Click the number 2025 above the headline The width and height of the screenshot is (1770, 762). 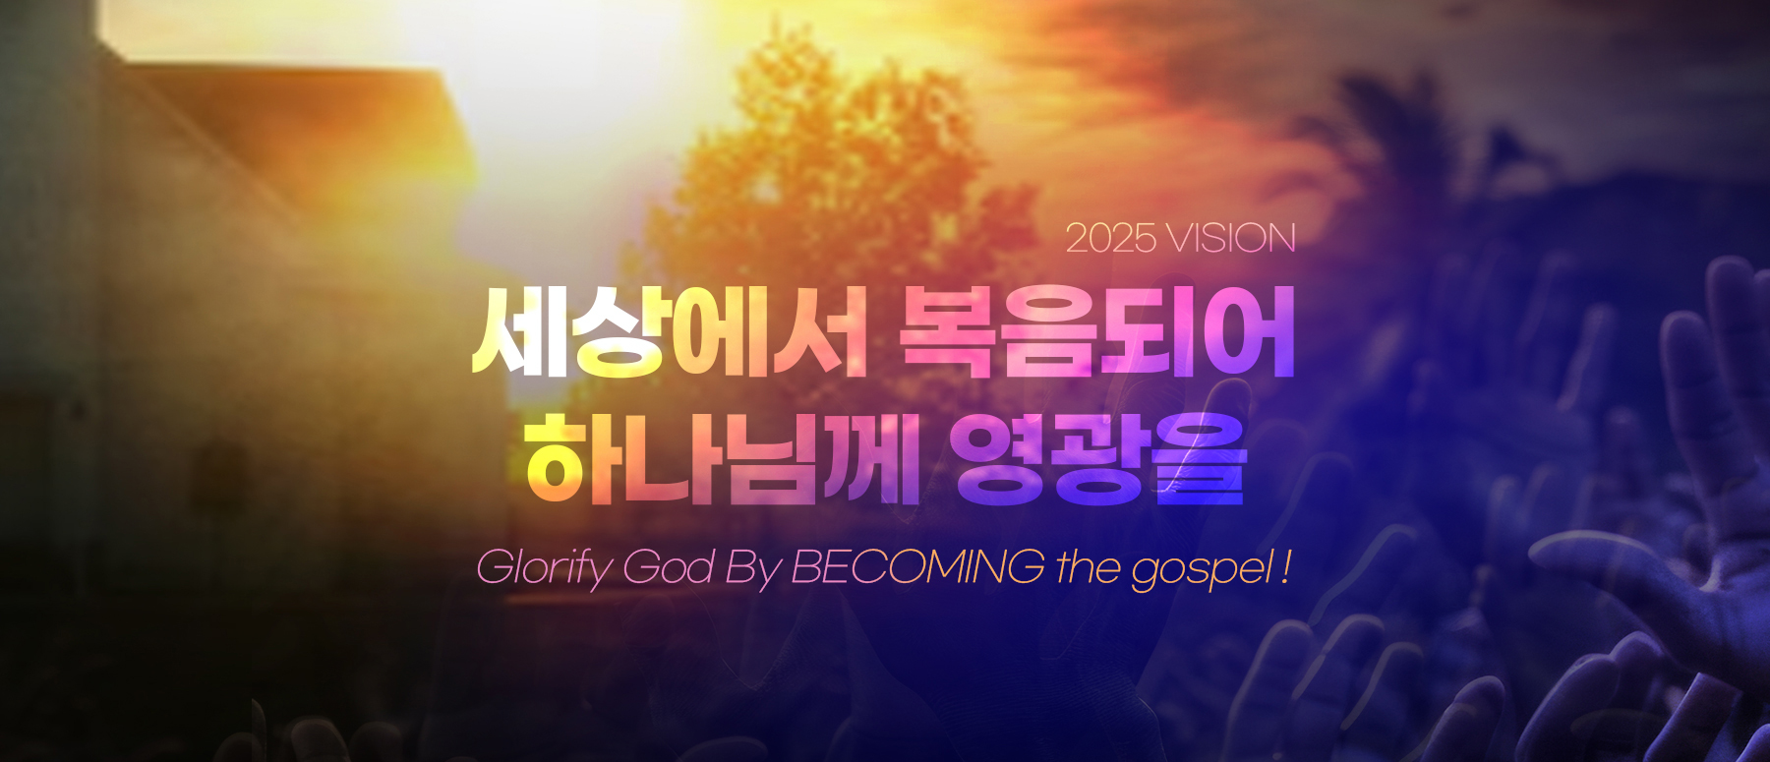[x=1111, y=239]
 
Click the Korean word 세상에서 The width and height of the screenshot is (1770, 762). [x=670, y=332]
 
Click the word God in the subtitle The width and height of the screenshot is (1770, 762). [x=669, y=568]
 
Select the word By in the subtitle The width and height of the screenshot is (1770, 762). [x=753, y=570]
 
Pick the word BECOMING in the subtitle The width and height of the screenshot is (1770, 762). [x=918, y=567]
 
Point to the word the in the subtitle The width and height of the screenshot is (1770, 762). [x=1089, y=567]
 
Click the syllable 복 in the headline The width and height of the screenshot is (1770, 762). [x=948, y=332]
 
